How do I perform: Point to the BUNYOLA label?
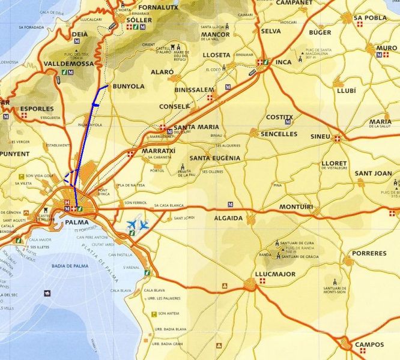pyautogui.click(x=129, y=86)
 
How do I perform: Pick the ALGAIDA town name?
pyautogui.click(x=229, y=218)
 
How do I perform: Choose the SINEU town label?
pyautogui.click(x=320, y=137)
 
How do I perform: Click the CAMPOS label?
pyautogui.click(x=369, y=344)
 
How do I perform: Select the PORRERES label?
pyautogui.click(x=369, y=253)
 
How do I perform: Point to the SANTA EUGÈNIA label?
pyautogui.click(x=214, y=158)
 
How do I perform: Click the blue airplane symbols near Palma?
pyautogui.click(x=138, y=225)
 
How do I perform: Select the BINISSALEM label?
pyautogui.click(x=193, y=89)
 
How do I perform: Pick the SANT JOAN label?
pyautogui.click(x=373, y=173)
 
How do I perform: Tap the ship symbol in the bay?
pyautogui.click(x=47, y=293)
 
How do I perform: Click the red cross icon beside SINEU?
pyautogui.click(x=336, y=138)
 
